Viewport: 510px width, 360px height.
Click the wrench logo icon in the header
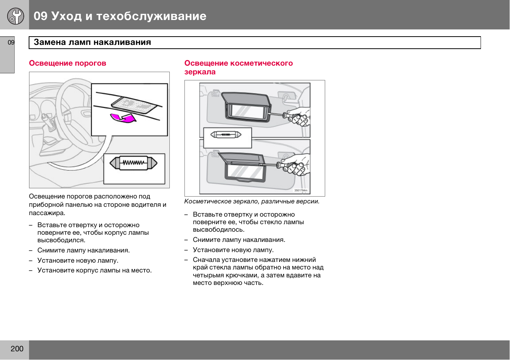click(15, 16)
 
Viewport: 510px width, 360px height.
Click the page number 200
click(17, 349)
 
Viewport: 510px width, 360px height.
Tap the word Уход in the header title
click(66, 16)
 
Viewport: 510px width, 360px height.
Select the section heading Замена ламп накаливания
click(92, 42)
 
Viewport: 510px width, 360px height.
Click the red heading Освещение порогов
click(68, 63)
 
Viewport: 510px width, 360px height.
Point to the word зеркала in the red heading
click(200, 72)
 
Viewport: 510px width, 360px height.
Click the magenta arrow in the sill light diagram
click(123, 118)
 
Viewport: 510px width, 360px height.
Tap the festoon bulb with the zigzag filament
click(134, 163)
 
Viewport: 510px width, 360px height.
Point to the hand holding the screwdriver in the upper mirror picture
click(299, 117)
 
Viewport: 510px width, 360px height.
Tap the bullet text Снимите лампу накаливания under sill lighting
click(83, 250)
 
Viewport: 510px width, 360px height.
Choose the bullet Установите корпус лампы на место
click(94, 270)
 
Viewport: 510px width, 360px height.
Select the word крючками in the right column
click(241, 275)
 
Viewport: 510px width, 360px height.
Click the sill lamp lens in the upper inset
click(134, 103)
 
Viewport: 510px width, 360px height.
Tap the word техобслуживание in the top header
click(151, 16)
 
